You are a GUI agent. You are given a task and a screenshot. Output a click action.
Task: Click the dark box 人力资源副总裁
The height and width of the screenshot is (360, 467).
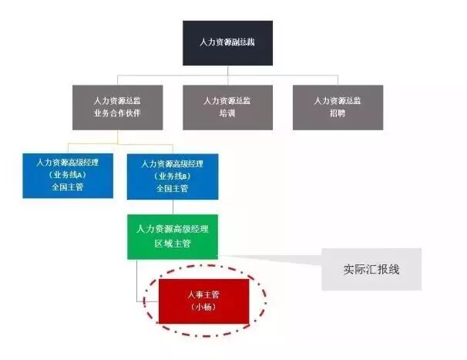pyautogui.click(x=227, y=42)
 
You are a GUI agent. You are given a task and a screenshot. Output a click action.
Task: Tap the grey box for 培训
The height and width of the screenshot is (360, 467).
pyautogui.click(x=227, y=106)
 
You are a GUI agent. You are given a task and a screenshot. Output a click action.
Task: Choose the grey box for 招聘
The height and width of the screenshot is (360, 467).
pyautogui.click(x=337, y=106)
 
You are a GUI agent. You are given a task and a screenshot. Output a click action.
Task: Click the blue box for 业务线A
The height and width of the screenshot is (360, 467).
pyautogui.click(x=67, y=176)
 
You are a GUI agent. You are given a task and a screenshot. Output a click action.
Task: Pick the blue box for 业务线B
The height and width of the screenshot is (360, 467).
pyautogui.click(x=172, y=177)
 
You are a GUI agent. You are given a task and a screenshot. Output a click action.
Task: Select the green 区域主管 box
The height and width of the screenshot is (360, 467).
pyautogui.click(x=172, y=236)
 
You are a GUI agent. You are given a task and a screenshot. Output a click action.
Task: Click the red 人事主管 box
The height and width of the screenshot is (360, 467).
pyautogui.click(x=203, y=301)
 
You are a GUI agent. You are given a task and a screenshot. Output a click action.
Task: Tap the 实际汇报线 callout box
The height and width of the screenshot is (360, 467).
pyautogui.click(x=371, y=269)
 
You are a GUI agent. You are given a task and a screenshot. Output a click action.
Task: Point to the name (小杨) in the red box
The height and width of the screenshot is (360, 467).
pyautogui.click(x=203, y=307)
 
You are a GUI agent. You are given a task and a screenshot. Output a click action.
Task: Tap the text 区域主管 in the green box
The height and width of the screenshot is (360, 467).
pyautogui.click(x=172, y=243)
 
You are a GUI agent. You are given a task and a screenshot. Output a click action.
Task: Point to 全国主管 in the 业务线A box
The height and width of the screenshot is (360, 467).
pyautogui.click(x=67, y=187)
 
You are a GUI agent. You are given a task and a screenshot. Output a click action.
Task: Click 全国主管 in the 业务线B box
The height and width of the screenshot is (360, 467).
pyautogui.click(x=172, y=187)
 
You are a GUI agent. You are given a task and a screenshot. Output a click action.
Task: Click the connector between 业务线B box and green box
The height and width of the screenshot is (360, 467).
pyautogui.click(x=172, y=207)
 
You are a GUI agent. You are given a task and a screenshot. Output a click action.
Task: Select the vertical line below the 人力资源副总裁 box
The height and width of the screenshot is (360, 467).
pyautogui.click(x=227, y=71)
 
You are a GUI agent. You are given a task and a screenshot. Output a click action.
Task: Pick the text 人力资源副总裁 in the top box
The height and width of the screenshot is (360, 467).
pyautogui.click(x=227, y=42)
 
